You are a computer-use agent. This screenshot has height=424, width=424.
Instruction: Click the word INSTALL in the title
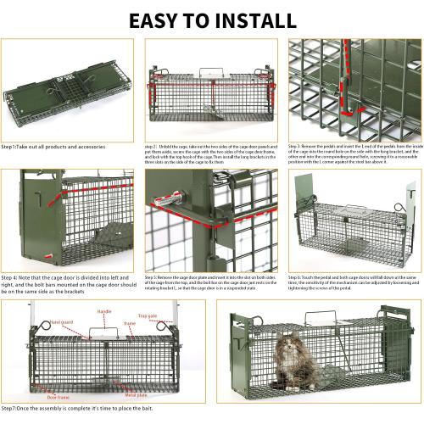254,20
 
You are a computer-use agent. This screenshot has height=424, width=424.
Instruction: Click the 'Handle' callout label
104,312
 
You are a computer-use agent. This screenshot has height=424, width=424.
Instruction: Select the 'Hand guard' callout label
60,322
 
